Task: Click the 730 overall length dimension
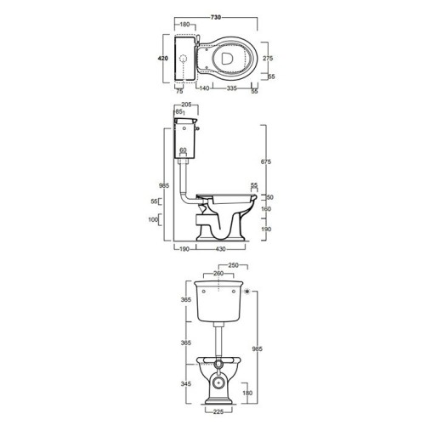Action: [x=216, y=17]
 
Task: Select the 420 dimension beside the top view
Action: [x=163, y=59]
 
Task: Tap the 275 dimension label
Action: [x=268, y=58]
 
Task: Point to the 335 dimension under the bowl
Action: [x=231, y=88]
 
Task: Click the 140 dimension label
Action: [x=204, y=88]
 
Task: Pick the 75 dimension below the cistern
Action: [x=179, y=91]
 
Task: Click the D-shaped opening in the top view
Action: [x=227, y=59]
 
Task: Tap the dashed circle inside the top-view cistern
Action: [x=184, y=59]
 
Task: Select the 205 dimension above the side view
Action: [x=186, y=105]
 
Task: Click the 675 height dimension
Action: [x=266, y=161]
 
